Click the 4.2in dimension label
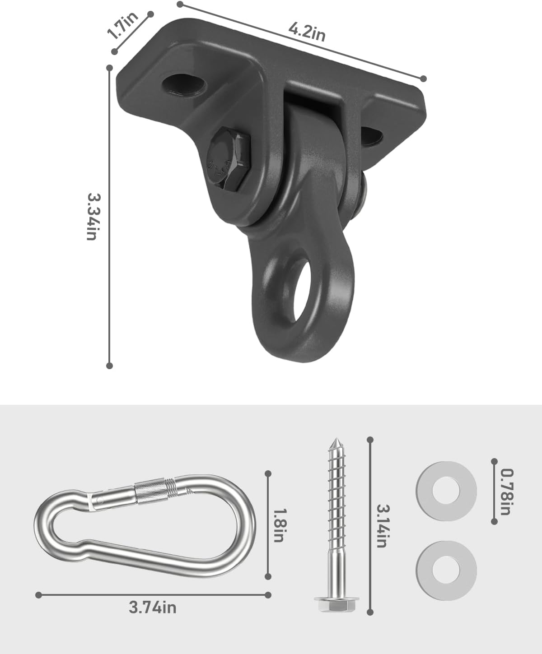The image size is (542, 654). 307,32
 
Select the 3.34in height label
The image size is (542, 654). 93,216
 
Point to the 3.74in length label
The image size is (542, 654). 153,608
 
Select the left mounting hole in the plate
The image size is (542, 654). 184,84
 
